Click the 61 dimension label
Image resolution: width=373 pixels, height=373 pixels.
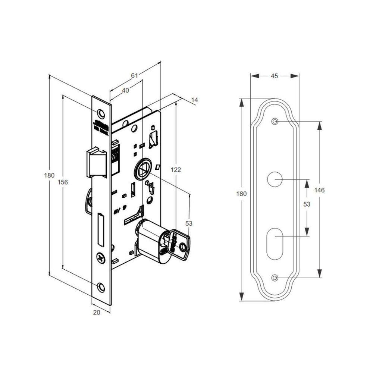pyautogui.click(x=135, y=75)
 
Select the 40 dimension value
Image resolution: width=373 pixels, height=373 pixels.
pyautogui.click(x=125, y=90)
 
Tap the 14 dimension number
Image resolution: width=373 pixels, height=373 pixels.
pyautogui.click(x=194, y=100)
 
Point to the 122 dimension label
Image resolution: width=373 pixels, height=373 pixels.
pyautogui.click(x=175, y=170)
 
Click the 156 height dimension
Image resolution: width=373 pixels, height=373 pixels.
pyautogui.click(x=64, y=182)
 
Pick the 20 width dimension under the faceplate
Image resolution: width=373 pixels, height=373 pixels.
pyautogui.click(x=97, y=313)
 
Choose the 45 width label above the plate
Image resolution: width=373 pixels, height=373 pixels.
pyautogui.click(x=274, y=76)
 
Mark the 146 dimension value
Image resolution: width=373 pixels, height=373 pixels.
pyautogui.click(x=319, y=190)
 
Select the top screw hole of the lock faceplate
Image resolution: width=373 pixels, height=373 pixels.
pyautogui.click(x=101, y=113)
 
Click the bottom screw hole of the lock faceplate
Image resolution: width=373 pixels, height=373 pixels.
pyautogui.click(x=101, y=286)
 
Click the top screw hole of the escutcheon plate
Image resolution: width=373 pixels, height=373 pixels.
pyautogui.click(x=275, y=122)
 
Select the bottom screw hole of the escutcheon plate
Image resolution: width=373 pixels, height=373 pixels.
pyautogui.click(x=275, y=278)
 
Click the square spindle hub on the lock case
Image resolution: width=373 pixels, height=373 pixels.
pyautogui.click(x=142, y=170)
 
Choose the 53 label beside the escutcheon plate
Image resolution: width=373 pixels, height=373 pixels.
pyautogui.click(x=307, y=204)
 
